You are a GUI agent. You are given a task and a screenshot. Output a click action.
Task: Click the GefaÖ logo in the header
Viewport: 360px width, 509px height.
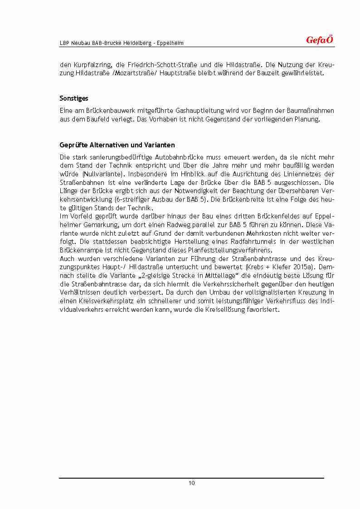pyautogui.click(x=320, y=40)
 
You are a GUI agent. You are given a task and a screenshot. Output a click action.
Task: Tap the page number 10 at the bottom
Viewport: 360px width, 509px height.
pyautogui.click(x=192, y=483)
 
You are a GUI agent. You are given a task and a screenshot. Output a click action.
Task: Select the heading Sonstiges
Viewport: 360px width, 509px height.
pyautogui.click(x=74, y=98)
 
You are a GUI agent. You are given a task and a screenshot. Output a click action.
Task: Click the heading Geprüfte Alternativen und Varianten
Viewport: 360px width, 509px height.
pyautogui.click(x=117, y=145)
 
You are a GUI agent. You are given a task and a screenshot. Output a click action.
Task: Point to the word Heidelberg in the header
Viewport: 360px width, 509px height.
pyautogui.click(x=136, y=43)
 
